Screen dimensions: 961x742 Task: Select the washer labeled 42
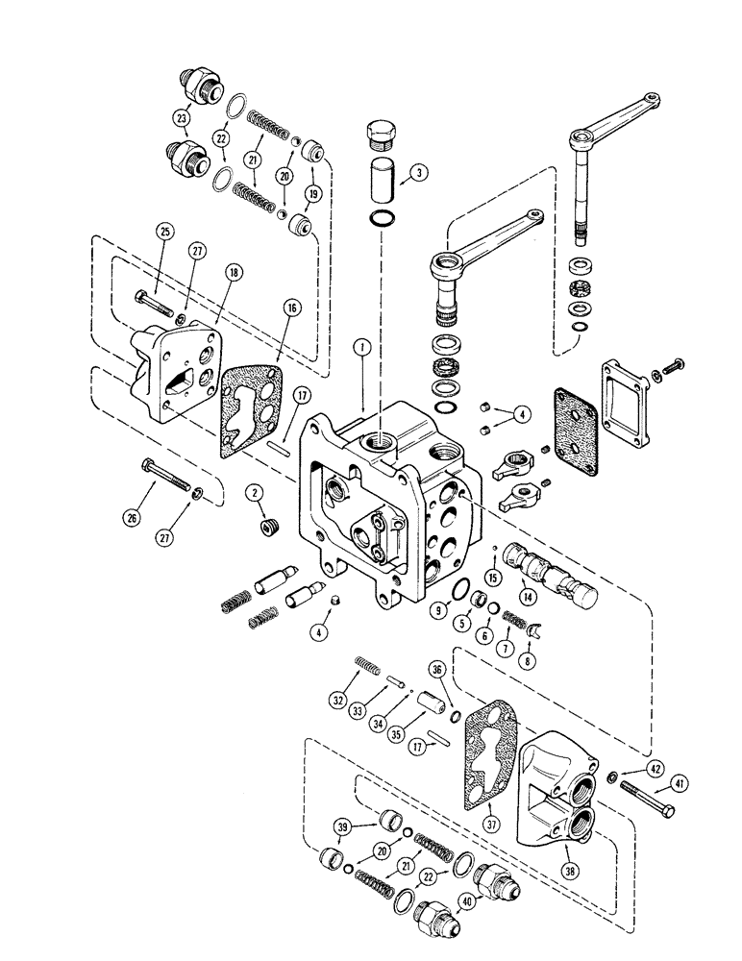pos(613,776)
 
